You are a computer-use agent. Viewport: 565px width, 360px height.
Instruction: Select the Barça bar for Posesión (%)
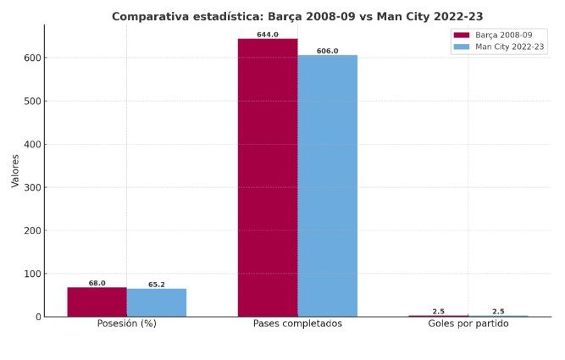[x=97, y=302]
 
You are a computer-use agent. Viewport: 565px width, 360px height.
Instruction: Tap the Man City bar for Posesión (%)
[x=157, y=302]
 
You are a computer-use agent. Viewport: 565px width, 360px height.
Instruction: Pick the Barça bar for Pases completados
[x=268, y=178]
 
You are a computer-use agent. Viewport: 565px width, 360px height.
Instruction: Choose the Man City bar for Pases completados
[x=327, y=186]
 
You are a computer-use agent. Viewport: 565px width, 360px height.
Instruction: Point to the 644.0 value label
[x=268, y=35]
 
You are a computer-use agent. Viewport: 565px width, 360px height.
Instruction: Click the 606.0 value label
[x=327, y=51]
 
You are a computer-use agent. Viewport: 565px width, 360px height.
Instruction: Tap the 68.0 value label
[x=97, y=283]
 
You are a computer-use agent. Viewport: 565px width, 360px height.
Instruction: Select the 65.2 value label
[x=157, y=285]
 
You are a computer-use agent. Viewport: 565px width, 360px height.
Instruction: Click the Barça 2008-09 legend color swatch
[x=462, y=36]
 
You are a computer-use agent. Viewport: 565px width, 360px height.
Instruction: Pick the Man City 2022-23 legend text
[x=510, y=47]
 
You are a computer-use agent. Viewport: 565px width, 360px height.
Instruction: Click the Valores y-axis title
[x=14, y=170]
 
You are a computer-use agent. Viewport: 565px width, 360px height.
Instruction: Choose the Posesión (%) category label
[x=127, y=324]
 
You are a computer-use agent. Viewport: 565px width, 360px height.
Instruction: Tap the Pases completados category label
[x=297, y=324]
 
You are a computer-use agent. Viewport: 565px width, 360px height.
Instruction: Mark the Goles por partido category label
[x=468, y=324]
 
